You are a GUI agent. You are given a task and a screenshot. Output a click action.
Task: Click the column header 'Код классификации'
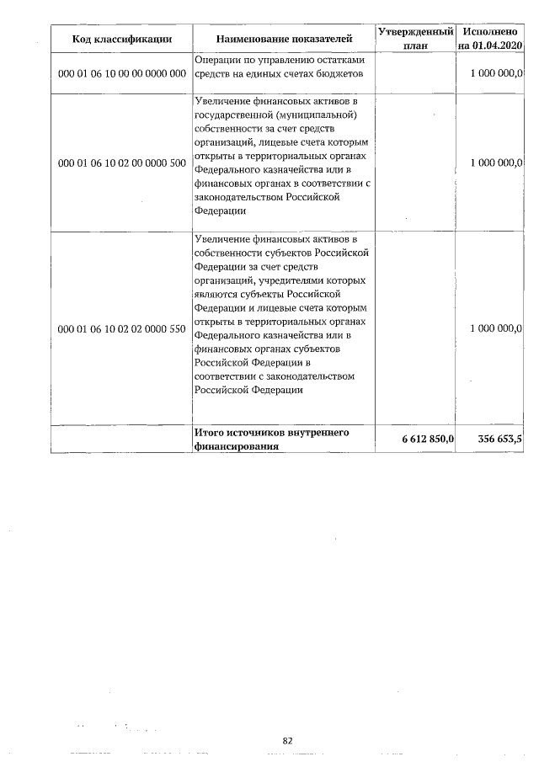pos(121,39)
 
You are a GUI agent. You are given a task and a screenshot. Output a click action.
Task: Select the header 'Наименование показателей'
pos(282,39)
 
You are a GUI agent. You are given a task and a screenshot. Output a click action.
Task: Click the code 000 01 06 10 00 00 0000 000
pos(121,74)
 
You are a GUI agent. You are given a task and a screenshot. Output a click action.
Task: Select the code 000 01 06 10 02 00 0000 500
pos(121,163)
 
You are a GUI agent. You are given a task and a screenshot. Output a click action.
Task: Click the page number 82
pos(287,741)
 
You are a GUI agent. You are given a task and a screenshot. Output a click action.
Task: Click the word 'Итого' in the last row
pos(209,433)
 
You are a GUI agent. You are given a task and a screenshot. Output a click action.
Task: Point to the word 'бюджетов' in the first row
pos(341,74)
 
